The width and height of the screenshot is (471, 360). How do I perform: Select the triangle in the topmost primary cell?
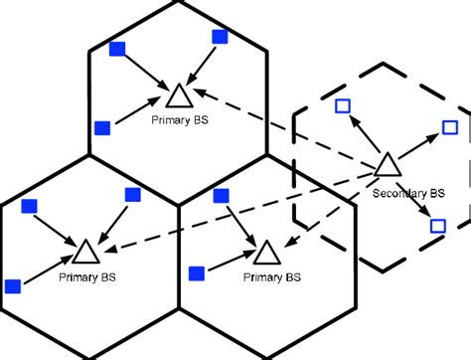179,96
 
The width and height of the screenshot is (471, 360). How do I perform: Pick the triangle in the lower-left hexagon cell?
85,251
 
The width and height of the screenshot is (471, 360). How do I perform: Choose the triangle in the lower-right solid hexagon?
266,250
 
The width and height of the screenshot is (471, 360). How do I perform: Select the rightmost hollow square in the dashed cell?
449,127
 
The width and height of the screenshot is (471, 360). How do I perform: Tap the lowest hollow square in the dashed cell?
437,227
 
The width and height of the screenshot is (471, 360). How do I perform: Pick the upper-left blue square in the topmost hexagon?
117,49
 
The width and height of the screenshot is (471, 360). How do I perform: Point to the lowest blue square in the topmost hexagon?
99,127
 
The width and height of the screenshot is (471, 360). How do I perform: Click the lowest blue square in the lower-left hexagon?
13,285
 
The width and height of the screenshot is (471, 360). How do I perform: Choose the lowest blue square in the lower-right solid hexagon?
197,271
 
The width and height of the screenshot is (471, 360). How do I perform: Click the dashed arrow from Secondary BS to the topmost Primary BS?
288,129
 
